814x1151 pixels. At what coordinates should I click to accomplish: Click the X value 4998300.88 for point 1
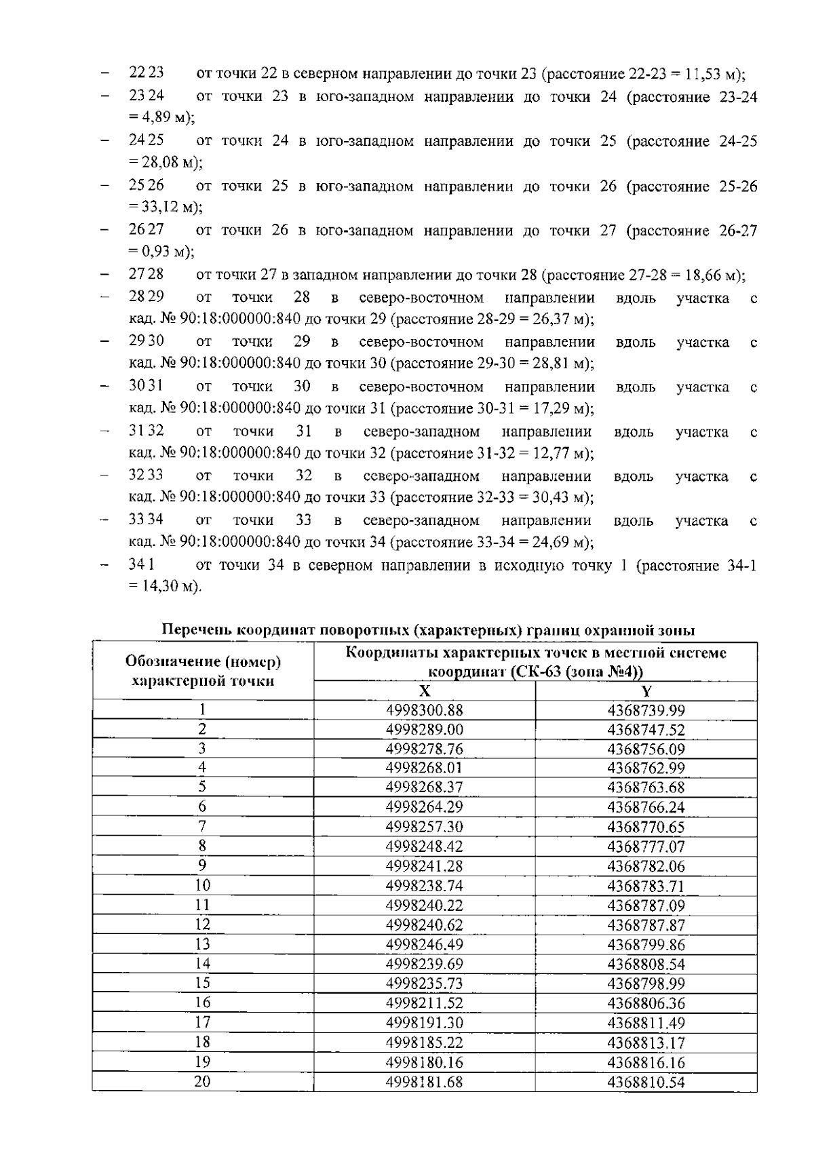tap(424, 710)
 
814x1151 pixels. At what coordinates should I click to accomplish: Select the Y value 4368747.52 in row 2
tap(646, 730)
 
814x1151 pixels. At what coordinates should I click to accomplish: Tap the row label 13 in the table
tap(202, 944)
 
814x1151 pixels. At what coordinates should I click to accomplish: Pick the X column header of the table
tap(424, 690)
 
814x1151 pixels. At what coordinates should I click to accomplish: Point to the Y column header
tap(646, 690)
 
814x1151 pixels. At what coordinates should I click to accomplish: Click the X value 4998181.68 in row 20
tap(424, 1082)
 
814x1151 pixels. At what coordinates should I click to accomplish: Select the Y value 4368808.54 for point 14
tap(646, 964)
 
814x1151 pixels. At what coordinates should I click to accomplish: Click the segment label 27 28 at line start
tap(146, 275)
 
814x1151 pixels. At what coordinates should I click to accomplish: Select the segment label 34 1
tap(142, 565)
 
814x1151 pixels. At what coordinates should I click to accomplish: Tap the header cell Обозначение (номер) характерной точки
tap(203, 670)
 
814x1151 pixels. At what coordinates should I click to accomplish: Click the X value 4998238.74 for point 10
tap(424, 886)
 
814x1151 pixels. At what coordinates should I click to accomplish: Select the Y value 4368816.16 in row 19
tap(646, 1062)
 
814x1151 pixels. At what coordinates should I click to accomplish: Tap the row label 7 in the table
tap(202, 827)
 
